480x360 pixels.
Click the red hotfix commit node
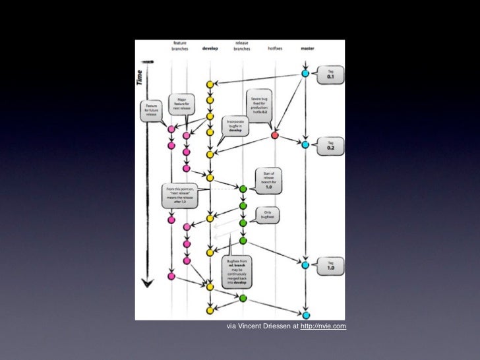click(x=274, y=135)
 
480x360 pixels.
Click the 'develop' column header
click(x=210, y=49)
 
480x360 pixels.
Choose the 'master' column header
click(x=307, y=49)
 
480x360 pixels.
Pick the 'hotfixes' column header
click(x=275, y=49)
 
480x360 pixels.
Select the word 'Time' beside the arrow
click(x=140, y=77)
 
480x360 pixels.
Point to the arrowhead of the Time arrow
click(x=147, y=284)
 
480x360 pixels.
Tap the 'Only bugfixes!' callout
click(x=268, y=215)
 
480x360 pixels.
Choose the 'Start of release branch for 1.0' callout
click(x=268, y=181)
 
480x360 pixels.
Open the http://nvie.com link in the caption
click(x=323, y=326)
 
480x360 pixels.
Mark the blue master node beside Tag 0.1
click(x=305, y=73)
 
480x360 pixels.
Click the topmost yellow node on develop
click(x=210, y=85)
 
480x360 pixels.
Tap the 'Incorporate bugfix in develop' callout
click(x=235, y=126)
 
